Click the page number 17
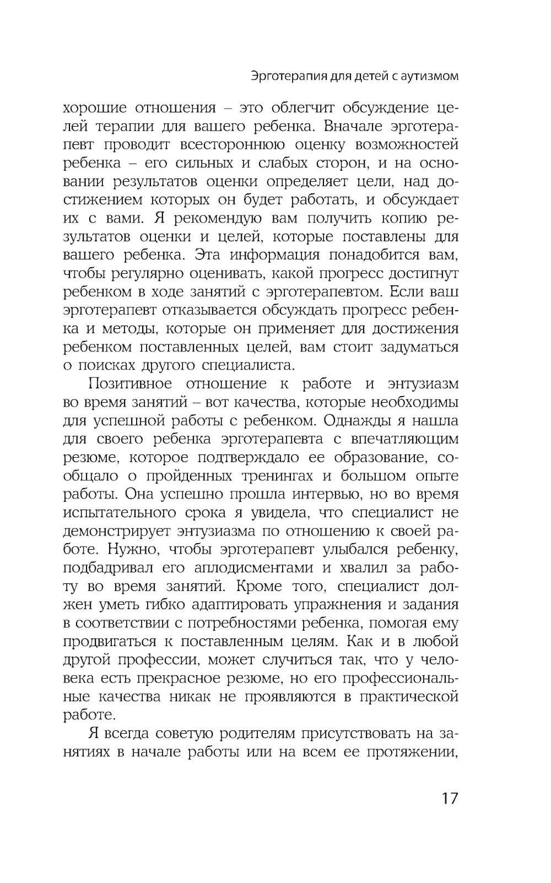tap(449, 798)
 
